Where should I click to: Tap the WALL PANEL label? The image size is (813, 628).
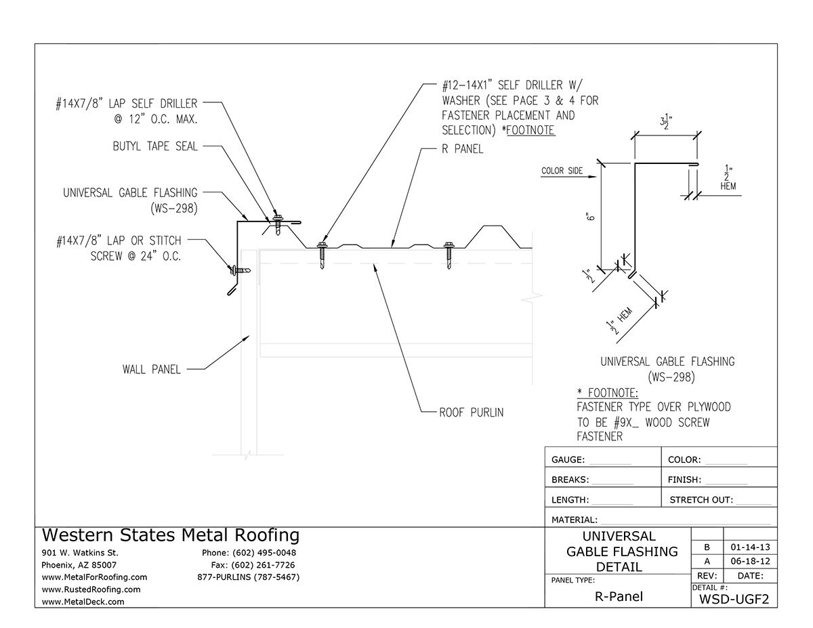coord(151,369)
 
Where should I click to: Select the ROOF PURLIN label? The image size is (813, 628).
coord(472,412)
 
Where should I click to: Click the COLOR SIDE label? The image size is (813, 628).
coord(562,171)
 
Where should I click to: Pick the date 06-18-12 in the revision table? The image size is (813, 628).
coord(750,562)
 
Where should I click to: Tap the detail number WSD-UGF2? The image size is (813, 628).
coord(734,598)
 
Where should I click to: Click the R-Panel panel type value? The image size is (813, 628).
coord(617,597)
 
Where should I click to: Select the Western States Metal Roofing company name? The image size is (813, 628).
coord(170,535)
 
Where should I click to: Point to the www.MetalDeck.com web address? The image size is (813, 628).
coord(83,602)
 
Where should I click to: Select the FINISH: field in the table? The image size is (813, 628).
coord(707,480)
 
